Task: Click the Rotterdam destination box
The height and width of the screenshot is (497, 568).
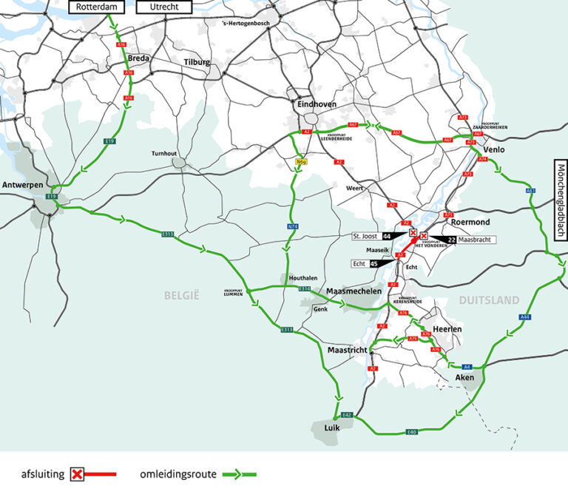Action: point(97,7)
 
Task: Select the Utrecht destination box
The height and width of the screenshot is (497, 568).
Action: point(164,7)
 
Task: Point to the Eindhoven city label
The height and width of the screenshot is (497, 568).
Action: point(317,104)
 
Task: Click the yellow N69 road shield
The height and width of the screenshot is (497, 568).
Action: point(301,160)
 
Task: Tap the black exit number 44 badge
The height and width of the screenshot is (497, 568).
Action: point(387,236)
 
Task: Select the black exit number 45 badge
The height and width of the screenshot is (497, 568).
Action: point(374,263)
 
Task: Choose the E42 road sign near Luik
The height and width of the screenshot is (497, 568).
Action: point(346,416)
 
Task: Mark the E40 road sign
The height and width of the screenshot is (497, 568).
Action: point(412,431)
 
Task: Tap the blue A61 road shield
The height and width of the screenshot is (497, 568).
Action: point(530,192)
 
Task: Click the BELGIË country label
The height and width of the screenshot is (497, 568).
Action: point(183,295)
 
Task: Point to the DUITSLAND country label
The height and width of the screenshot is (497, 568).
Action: point(489,300)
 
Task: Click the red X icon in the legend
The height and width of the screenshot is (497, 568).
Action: point(77,473)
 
